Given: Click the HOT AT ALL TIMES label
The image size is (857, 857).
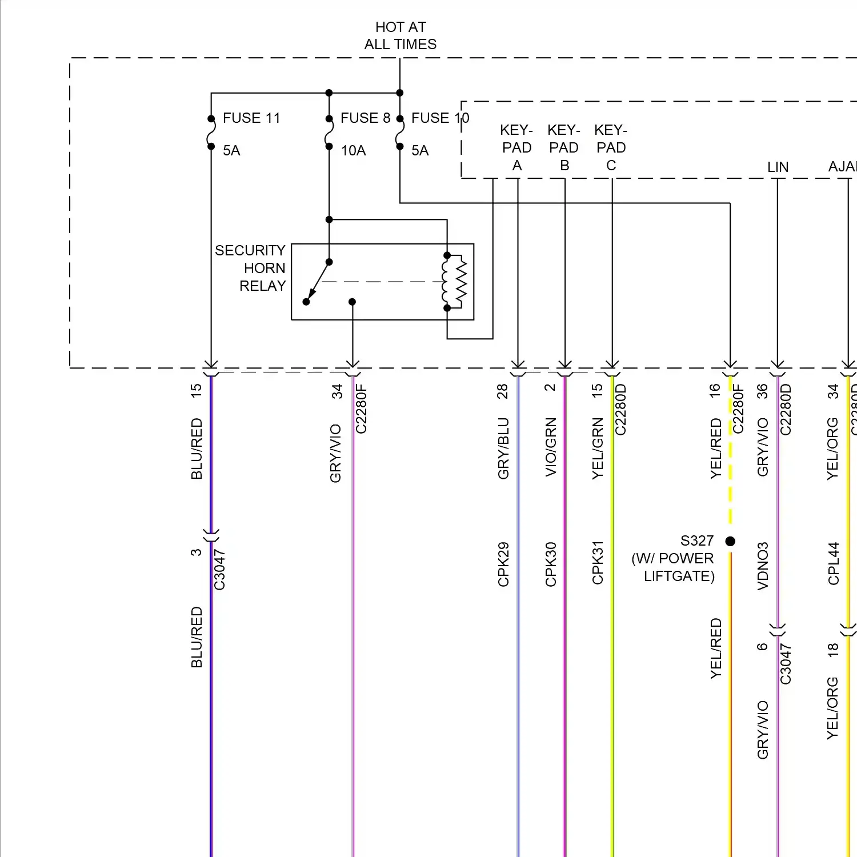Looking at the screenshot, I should (400, 35).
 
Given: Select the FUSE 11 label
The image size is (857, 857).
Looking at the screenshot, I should (251, 118).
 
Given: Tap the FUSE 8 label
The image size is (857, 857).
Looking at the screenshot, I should (365, 118).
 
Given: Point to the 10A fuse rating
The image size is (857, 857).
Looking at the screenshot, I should (353, 151).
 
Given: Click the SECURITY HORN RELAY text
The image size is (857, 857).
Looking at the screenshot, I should (251, 268).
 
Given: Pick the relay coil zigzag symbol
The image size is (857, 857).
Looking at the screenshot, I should (460, 282).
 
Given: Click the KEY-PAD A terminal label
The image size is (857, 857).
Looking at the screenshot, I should (516, 148).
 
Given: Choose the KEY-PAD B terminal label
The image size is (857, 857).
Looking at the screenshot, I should (564, 148).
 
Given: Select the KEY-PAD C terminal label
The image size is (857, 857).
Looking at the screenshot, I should (611, 148).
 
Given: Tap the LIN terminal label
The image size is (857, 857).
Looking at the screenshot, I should (778, 167).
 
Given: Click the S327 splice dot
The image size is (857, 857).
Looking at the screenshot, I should (730, 541).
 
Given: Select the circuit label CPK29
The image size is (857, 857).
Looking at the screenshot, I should (503, 564).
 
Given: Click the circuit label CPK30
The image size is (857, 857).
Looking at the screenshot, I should (551, 564).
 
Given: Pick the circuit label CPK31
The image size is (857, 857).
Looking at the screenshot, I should (598, 563).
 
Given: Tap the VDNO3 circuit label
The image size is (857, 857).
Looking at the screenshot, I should (763, 566).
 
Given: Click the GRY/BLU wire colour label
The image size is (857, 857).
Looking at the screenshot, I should (503, 448).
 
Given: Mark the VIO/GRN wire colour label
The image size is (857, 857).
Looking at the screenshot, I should (551, 447).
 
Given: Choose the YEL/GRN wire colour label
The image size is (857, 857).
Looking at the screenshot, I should (598, 448).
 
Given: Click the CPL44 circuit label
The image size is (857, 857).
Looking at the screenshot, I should (834, 563).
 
